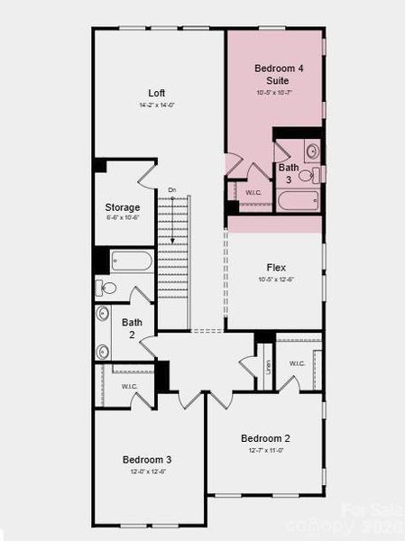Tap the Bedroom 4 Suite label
[x=273, y=74]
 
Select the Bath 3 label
[x=289, y=173]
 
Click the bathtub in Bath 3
[x=297, y=199]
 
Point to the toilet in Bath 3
[x=307, y=174]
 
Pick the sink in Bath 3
[x=312, y=151]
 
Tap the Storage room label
[x=122, y=207]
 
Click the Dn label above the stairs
[x=171, y=190]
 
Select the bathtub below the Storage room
[x=133, y=262]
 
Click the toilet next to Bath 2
[x=107, y=289]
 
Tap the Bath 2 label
[x=132, y=327]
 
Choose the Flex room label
[x=276, y=268]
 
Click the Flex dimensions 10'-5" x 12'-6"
[x=276, y=280]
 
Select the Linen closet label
[x=268, y=368]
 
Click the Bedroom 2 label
[x=265, y=438]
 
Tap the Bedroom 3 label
[x=147, y=460]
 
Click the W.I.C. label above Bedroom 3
[x=130, y=386]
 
